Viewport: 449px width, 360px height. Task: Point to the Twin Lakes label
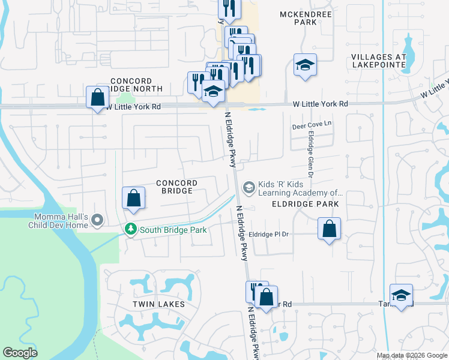[158, 304]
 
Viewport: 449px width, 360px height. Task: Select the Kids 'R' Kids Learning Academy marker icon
[247, 188]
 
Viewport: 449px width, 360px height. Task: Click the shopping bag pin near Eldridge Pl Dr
[329, 229]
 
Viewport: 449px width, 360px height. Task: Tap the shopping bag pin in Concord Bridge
[134, 197]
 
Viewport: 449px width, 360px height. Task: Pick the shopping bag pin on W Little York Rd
[97, 97]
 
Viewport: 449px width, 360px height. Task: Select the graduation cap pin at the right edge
[401, 295]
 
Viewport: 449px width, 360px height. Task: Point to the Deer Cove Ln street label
[312, 126]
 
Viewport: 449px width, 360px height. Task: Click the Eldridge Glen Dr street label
[311, 155]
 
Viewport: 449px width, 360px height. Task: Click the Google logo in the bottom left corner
[20, 353]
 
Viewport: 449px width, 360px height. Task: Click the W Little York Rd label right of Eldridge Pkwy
[321, 104]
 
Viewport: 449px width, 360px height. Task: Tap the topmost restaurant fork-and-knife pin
[229, 8]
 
